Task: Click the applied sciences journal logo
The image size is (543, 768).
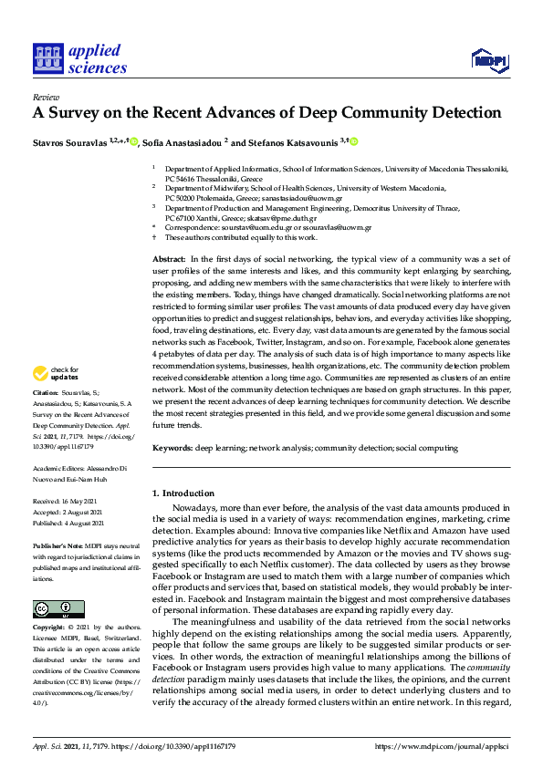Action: [79, 57]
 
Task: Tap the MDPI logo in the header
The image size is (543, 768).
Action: [489, 60]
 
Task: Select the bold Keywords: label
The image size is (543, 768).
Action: [172, 448]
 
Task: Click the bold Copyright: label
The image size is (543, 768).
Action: [49, 628]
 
